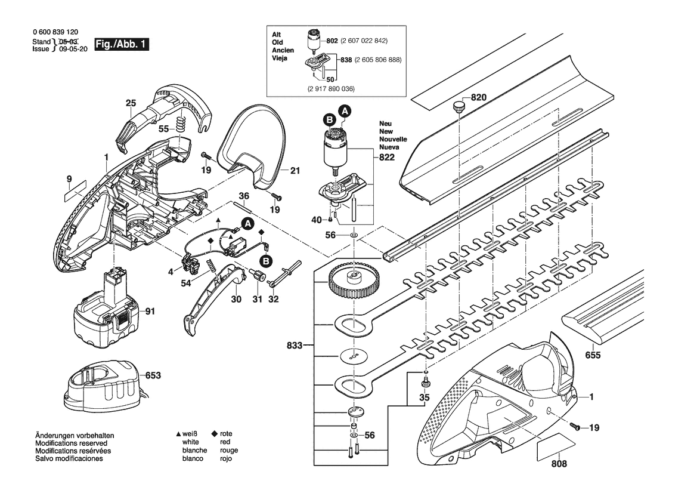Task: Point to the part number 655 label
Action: (593, 355)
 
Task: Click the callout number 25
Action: (131, 103)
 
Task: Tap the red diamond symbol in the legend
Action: (215, 433)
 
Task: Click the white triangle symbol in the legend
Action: (178, 433)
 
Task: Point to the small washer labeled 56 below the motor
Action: (354, 236)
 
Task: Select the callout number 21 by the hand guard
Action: (295, 171)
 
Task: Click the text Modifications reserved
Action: (71, 443)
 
